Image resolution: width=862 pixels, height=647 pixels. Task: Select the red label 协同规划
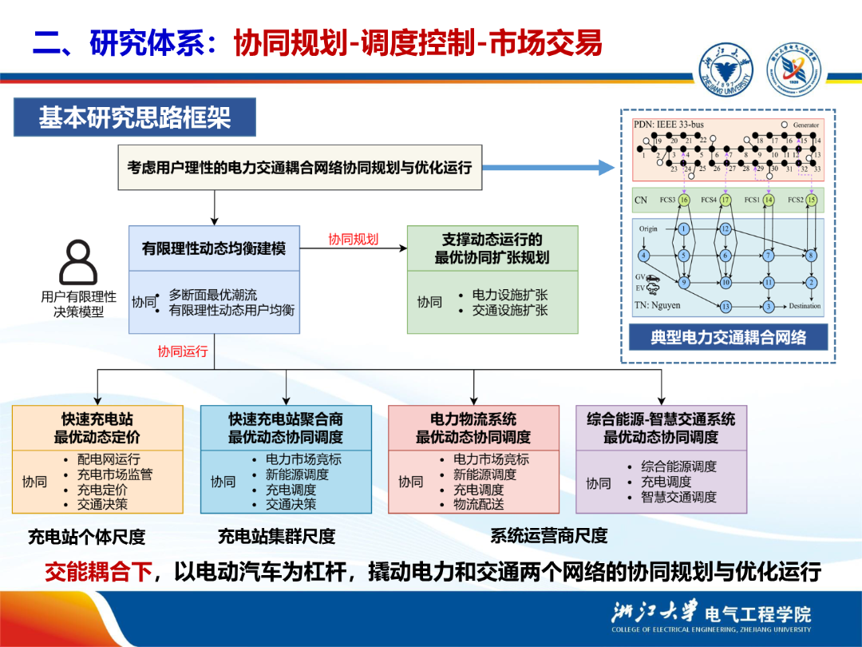[353, 239]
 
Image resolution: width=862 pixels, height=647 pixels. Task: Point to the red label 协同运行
[182, 351]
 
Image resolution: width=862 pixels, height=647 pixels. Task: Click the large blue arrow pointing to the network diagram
[550, 168]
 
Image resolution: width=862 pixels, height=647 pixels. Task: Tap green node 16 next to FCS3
[684, 200]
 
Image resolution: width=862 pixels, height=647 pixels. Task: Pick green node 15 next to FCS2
[811, 200]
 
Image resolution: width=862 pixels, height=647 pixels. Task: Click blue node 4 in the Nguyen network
[643, 256]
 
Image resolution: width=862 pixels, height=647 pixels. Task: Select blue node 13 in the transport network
[726, 306]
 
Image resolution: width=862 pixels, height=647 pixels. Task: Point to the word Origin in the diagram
[648, 228]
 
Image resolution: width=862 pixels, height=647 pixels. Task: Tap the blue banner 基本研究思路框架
[134, 118]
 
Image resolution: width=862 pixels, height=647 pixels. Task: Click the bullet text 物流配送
[480, 504]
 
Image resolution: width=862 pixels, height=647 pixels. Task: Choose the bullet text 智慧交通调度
[678, 497]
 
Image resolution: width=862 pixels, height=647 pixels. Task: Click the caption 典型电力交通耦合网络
[728, 337]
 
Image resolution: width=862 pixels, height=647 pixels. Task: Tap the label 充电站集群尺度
[276, 536]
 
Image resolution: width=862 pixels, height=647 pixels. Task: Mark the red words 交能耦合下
[97, 572]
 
